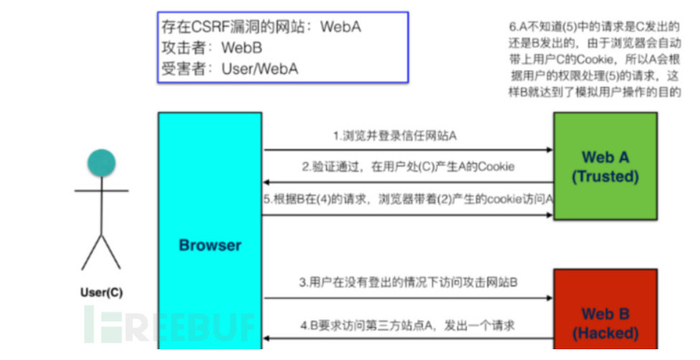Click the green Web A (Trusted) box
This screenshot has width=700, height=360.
605,166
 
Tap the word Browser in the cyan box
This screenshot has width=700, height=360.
210,245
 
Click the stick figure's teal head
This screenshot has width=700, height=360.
101,163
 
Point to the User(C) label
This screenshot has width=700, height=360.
100,293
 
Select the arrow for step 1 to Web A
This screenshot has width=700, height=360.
408,150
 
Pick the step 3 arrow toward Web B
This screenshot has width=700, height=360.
408,298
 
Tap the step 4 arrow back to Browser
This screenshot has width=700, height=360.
408,338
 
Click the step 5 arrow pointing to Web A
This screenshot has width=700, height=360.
408,214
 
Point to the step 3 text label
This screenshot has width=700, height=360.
408,283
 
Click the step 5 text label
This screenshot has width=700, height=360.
409,200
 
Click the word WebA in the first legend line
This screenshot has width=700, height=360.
341,28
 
